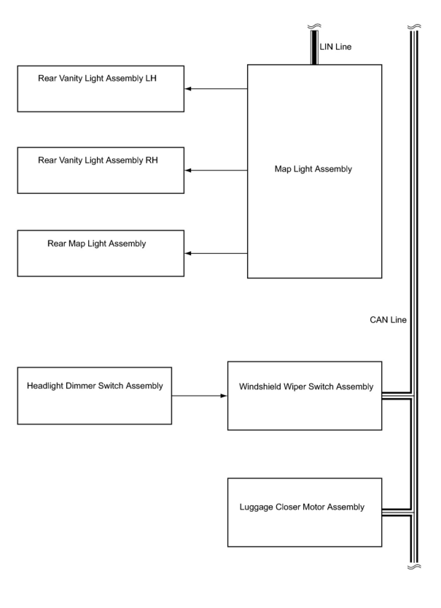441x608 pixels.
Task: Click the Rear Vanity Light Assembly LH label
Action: point(97,78)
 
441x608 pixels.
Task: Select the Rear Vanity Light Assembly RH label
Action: point(98,160)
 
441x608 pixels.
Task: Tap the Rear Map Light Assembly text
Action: point(97,243)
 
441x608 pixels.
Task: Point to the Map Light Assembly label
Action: point(313,169)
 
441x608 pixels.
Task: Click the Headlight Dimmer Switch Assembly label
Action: point(95,386)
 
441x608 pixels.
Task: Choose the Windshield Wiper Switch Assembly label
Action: point(306,386)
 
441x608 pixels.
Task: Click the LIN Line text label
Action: point(335,47)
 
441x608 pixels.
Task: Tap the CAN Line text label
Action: point(388,320)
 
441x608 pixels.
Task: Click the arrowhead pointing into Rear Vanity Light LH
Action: point(188,89)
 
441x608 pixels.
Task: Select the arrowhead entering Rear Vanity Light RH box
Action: point(188,171)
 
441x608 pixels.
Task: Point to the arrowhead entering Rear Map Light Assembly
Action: point(188,253)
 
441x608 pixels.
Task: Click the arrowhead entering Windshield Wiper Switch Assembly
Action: point(224,396)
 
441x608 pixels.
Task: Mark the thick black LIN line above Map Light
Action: point(314,47)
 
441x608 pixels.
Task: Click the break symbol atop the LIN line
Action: point(314,26)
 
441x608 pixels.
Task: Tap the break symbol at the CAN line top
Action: point(414,27)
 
